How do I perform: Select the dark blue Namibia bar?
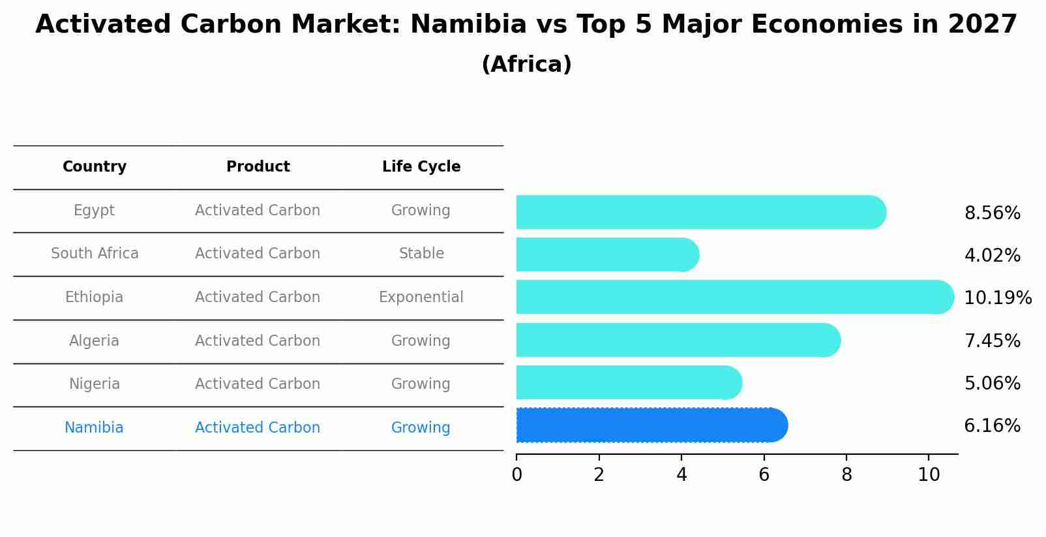point(649,425)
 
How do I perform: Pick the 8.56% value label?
point(992,213)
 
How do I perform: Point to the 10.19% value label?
point(997,298)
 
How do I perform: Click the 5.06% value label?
point(992,384)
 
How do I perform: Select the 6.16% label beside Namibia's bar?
point(992,426)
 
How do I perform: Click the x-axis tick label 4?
point(681,475)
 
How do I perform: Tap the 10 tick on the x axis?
point(929,475)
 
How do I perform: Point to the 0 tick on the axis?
point(516,475)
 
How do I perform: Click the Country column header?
point(95,167)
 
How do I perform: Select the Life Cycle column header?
point(421,167)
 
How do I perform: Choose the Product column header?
point(258,167)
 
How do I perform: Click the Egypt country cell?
point(94,211)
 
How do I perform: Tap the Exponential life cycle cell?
point(421,298)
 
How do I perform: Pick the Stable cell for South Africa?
point(421,254)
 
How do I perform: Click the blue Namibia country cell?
point(94,428)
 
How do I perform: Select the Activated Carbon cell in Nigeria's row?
point(258,384)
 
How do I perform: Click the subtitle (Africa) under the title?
point(526,65)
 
